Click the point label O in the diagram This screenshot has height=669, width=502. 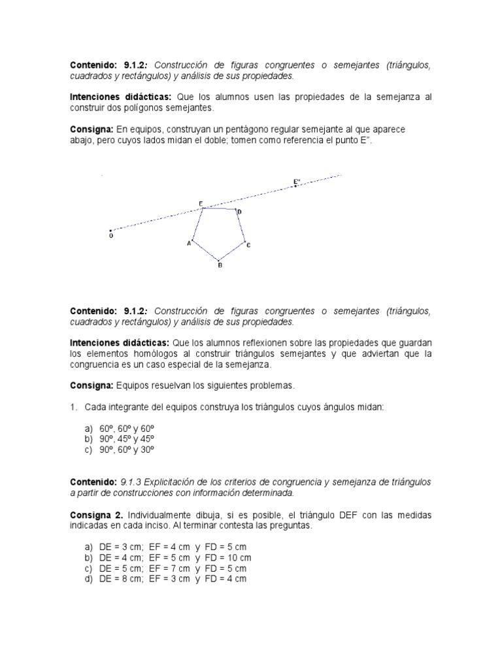pyautogui.click(x=110, y=237)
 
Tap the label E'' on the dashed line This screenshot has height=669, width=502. pyautogui.click(x=297, y=181)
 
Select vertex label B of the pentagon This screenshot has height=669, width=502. pyautogui.click(x=220, y=265)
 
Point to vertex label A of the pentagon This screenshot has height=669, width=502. pyautogui.click(x=189, y=243)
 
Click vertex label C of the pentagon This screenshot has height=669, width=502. pyautogui.click(x=248, y=245)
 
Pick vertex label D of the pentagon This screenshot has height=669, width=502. pyautogui.click(x=239, y=212)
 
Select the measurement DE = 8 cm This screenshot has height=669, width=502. pyautogui.click(x=120, y=579)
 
